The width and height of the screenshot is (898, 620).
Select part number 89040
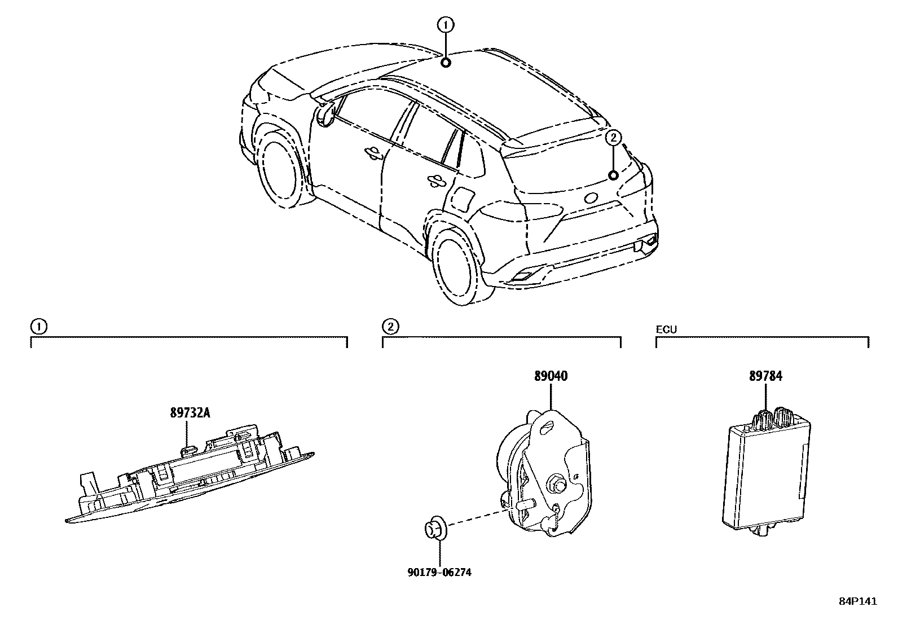coord(551,376)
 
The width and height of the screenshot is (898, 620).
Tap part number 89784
coord(765,376)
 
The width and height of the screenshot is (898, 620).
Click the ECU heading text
coord(666,329)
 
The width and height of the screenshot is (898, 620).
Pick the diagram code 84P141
coord(857,602)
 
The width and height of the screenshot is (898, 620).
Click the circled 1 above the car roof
coord(446,24)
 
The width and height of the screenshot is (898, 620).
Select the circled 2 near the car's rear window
coord(613,137)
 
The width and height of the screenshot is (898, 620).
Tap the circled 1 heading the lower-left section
coord(38,326)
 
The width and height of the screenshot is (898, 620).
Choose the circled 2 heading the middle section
coord(389,326)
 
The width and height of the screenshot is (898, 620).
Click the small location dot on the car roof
coord(446,63)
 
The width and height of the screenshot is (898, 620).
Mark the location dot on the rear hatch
coord(613,175)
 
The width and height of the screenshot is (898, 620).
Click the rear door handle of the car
coord(436,181)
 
